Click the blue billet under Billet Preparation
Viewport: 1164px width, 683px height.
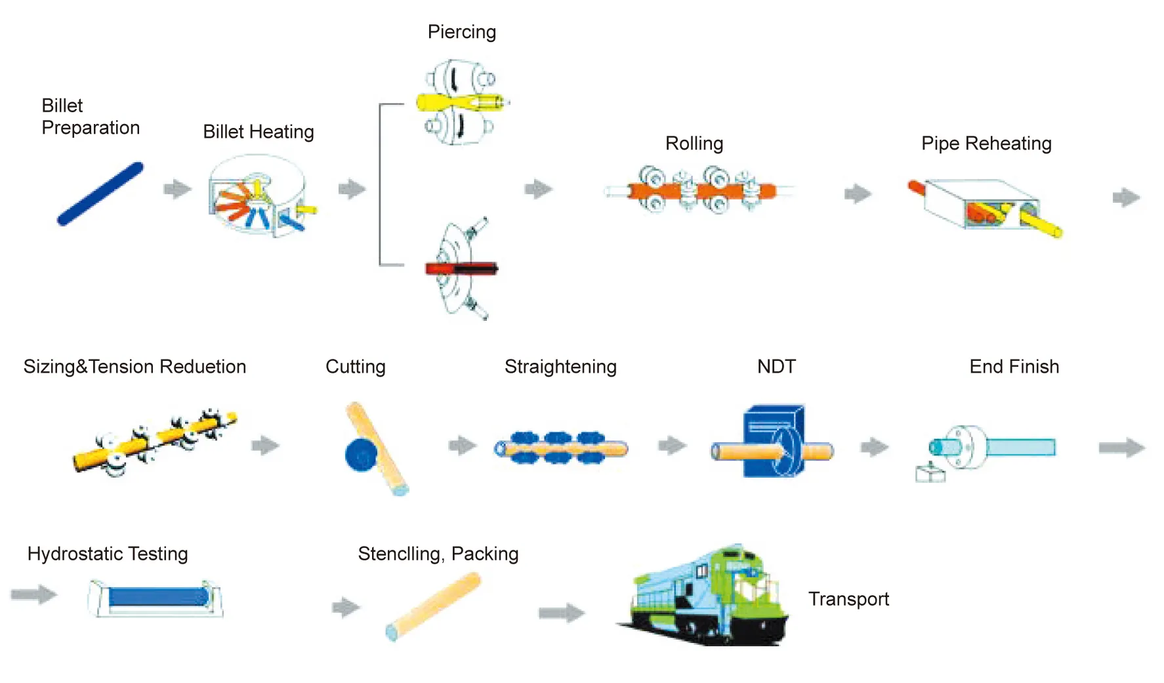[x=100, y=194]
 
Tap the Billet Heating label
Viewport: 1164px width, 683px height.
[x=258, y=132]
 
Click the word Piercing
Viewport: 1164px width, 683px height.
[x=461, y=32]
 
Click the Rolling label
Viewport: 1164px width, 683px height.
[x=694, y=144]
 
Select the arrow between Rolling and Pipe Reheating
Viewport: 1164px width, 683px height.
[x=858, y=194]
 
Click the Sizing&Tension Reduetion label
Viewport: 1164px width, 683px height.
[x=135, y=367]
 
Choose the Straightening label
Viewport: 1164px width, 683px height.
[x=560, y=367]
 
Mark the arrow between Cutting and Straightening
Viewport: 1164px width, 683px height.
[x=463, y=445]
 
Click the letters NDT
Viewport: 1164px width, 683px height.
[x=776, y=367]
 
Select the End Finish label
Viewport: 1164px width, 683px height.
[x=1014, y=367]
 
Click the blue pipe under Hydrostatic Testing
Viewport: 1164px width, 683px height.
[x=157, y=596]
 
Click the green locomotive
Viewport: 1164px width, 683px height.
[x=709, y=597]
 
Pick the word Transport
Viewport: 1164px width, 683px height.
[x=848, y=599]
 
